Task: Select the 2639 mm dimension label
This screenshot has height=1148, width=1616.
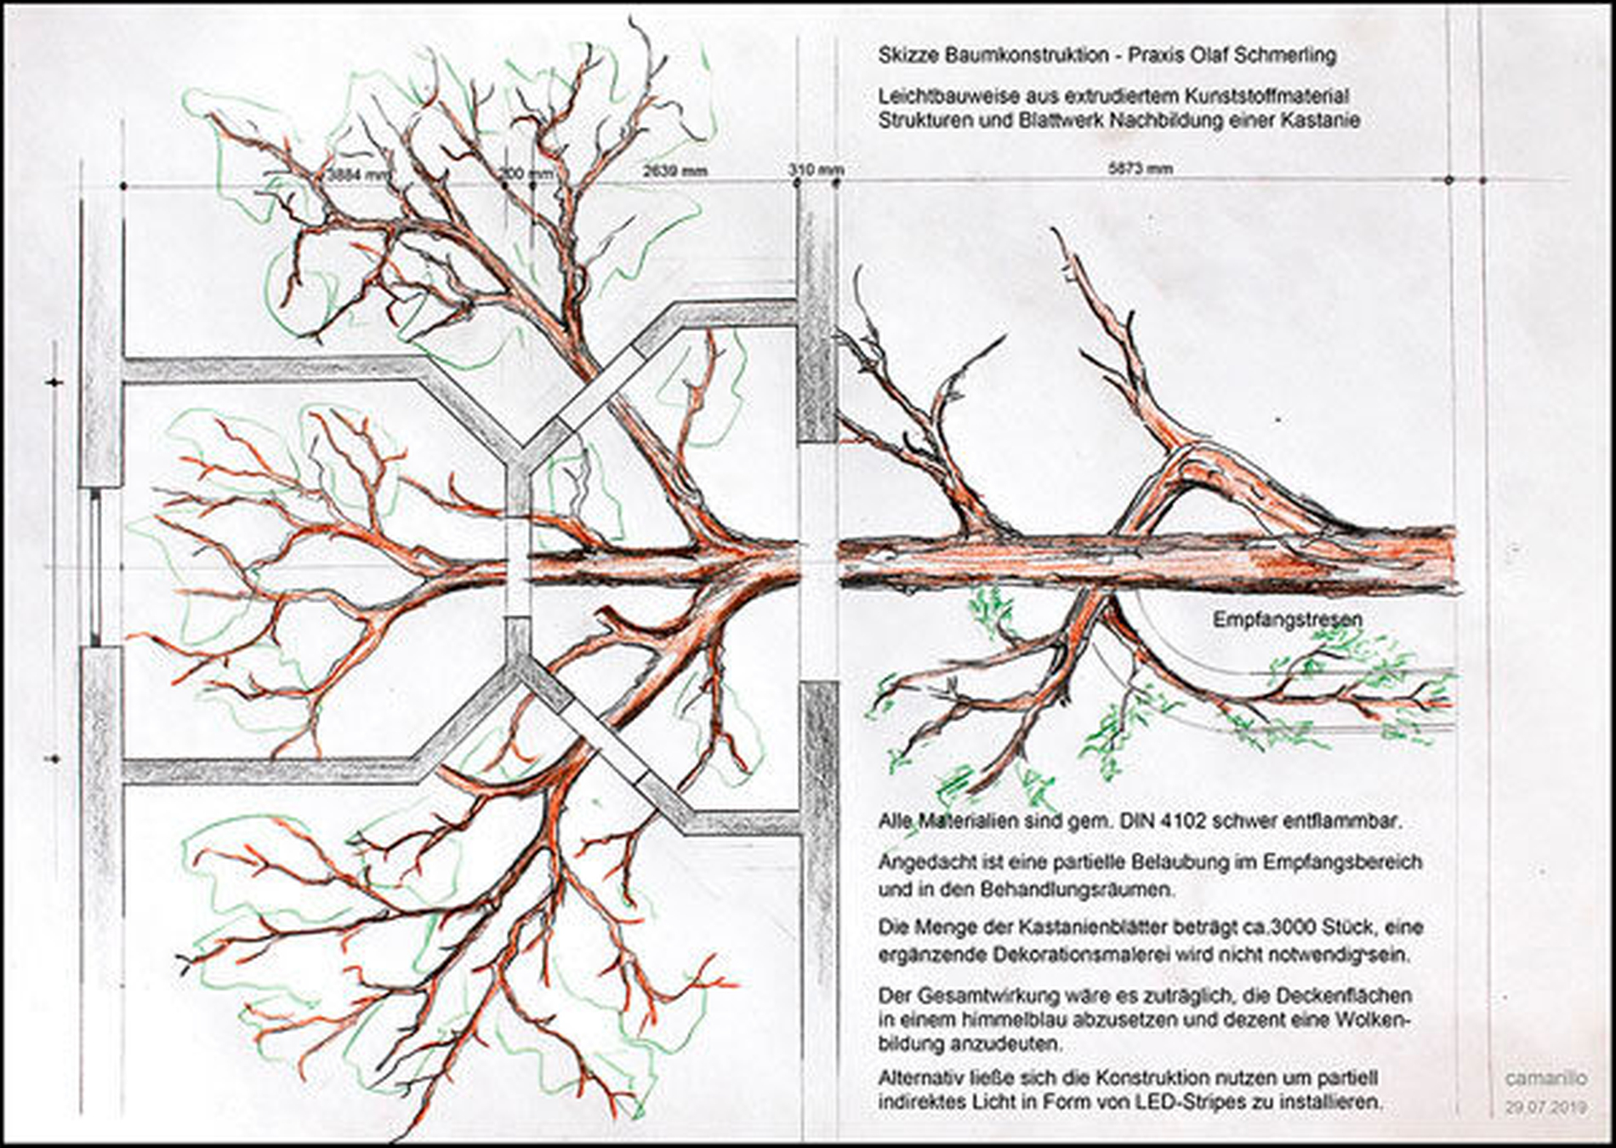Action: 674,170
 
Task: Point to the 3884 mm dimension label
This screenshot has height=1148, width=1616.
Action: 358,174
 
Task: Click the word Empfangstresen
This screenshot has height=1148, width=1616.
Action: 1287,620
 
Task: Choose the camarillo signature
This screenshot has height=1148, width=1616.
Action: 1546,1078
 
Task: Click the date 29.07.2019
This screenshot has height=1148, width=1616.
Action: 1546,1108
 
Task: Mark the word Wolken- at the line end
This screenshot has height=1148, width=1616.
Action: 1375,1019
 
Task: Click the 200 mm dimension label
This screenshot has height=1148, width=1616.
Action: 526,174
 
